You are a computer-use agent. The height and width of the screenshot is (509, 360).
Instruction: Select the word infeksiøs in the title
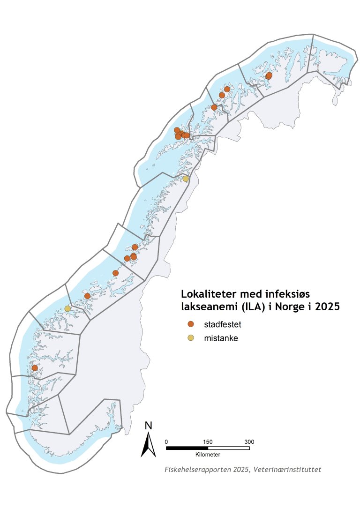tap(293, 294)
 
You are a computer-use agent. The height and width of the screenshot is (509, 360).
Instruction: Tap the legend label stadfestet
tap(223, 324)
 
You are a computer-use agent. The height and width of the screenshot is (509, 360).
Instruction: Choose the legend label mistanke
tap(221, 338)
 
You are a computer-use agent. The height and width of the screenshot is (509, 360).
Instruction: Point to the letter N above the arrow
tap(149, 426)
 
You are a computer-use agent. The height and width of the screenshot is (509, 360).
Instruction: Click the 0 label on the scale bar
tap(166, 442)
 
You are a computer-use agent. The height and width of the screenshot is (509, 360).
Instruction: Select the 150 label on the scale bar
tap(208, 442)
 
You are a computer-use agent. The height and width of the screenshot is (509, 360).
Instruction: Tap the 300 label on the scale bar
tap(249, 442)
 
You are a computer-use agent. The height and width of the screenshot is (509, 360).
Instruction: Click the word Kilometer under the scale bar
tap(208, 455)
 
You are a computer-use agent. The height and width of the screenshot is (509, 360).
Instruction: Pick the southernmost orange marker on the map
tap(34, 368)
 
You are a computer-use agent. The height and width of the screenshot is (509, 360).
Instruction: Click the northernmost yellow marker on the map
tap(186, 179)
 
